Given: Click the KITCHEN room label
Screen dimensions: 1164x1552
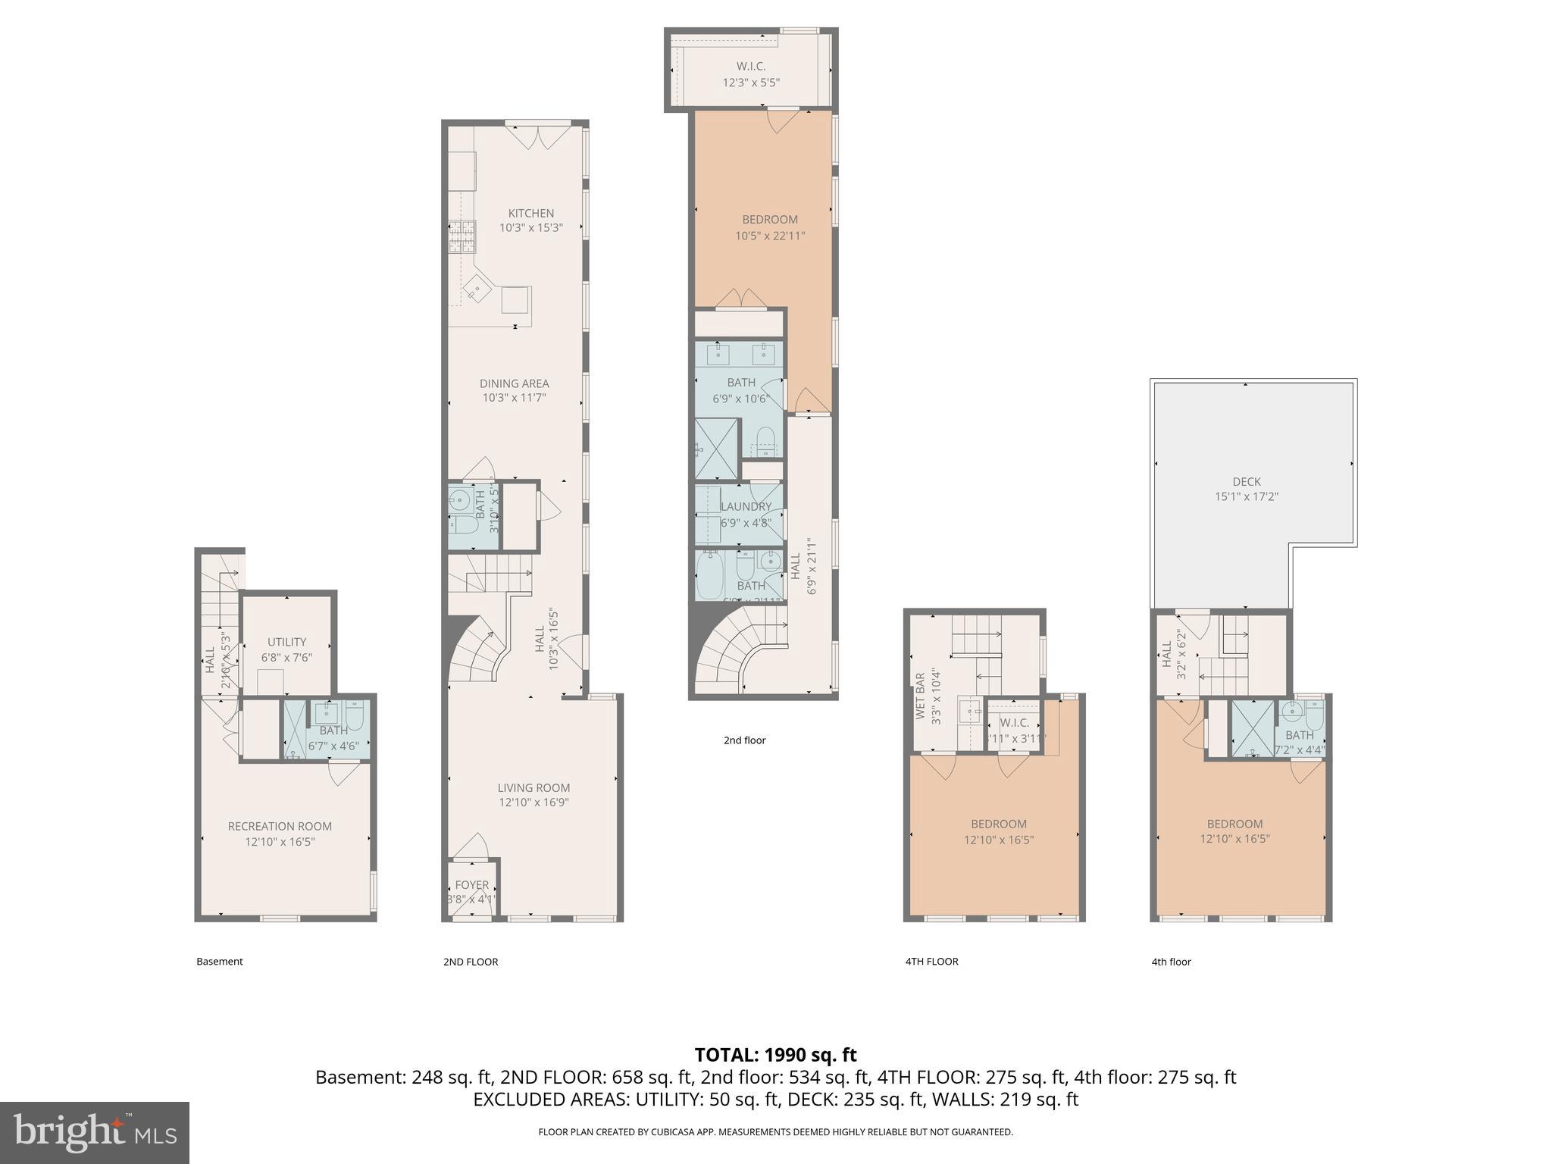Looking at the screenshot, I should point(530,213).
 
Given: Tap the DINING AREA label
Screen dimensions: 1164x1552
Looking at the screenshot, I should point(514,383).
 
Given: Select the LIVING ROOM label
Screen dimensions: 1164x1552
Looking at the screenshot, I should point(533,787).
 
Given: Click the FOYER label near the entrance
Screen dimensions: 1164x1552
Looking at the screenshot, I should point(471,884).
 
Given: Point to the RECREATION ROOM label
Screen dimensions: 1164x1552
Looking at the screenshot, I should point(280,826).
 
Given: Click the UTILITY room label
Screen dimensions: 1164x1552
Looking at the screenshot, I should point(286,642).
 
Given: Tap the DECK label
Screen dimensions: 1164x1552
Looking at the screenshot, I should point(1246,481).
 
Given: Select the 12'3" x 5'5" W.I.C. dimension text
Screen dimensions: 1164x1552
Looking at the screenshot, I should point(750,82).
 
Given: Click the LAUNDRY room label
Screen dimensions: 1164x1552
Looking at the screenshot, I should point(746,506).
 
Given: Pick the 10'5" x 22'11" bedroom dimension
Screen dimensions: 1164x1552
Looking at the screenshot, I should point(769,236).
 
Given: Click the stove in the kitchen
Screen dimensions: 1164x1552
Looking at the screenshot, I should point(462,236).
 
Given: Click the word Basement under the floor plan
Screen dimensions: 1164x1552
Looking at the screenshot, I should point(219,962).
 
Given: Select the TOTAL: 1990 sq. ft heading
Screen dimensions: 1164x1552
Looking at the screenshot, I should point(775,1054).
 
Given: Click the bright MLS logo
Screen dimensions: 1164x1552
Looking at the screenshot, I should point(94,1132).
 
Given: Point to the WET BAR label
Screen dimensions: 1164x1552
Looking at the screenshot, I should point(920,696).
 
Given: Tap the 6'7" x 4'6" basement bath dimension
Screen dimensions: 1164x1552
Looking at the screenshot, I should point(333,746).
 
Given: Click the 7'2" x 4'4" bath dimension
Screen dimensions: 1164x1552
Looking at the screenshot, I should point(1299,750).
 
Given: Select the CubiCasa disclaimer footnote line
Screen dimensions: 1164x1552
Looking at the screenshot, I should point(775,1132).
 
